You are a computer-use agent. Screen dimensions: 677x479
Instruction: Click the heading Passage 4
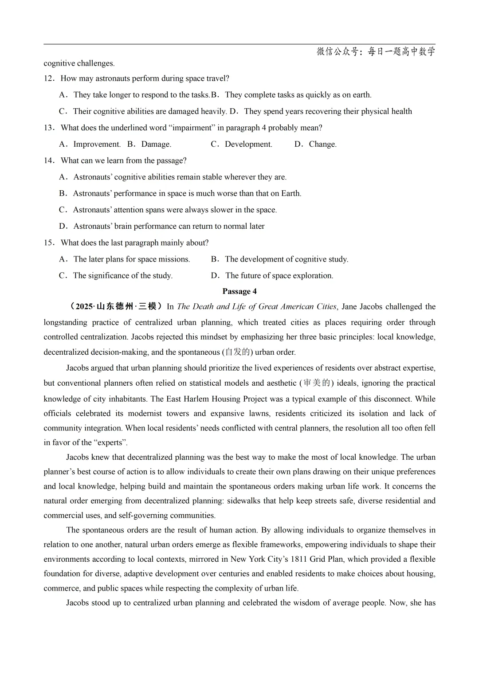click(239, 291)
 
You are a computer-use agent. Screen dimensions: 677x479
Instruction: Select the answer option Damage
click(156, 144)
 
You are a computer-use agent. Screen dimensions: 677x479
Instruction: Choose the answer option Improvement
click(97, 144)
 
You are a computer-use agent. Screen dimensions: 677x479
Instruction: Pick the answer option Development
click(248, 144)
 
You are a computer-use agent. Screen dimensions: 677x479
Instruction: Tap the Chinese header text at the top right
click(376, 51)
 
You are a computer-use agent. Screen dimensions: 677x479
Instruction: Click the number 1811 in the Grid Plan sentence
click(299, 559)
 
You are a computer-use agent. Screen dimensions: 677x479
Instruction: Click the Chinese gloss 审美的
click(317, 383)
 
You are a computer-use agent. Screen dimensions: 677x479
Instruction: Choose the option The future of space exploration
click(279, 276)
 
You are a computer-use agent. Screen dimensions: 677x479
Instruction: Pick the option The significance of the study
click(122, 276)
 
